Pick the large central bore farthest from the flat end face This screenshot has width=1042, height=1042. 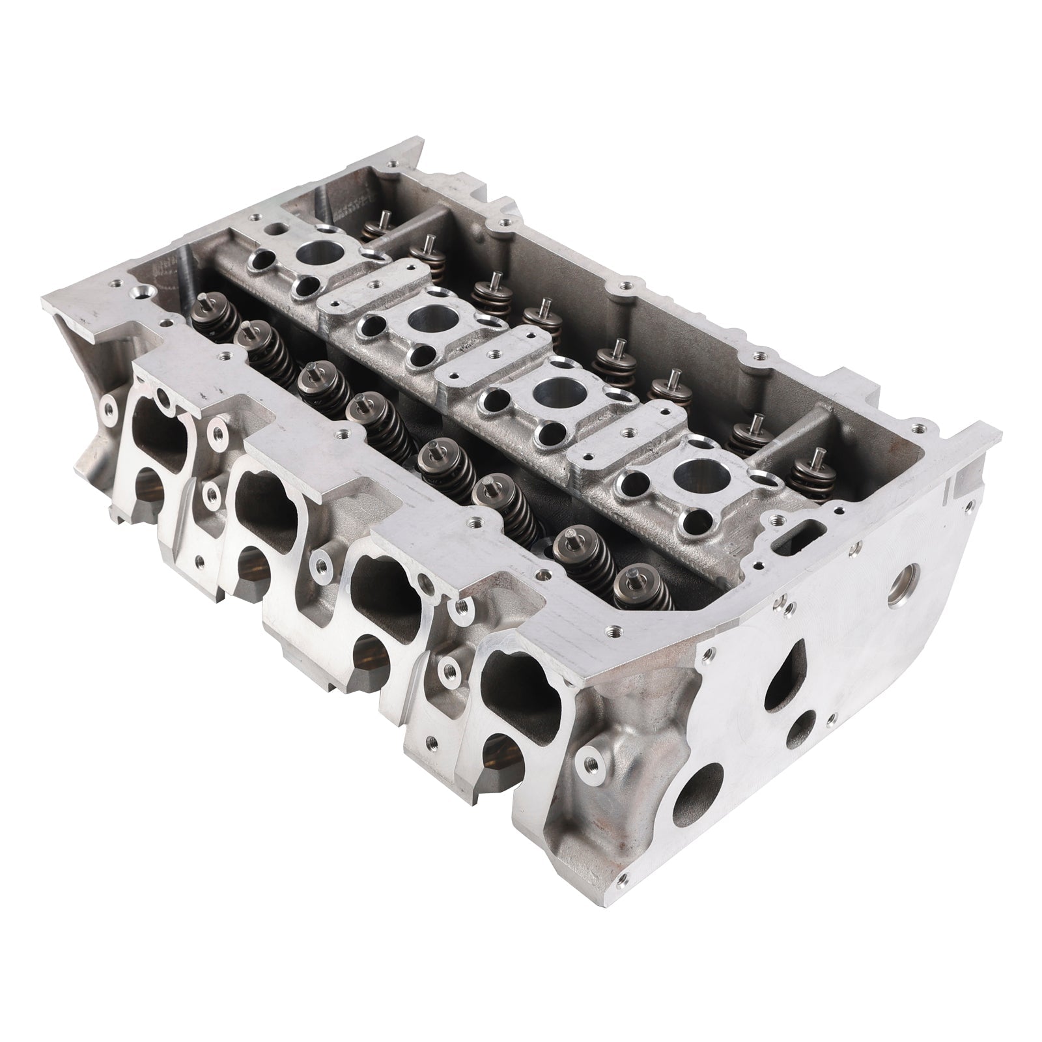(x=318, y=249)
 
